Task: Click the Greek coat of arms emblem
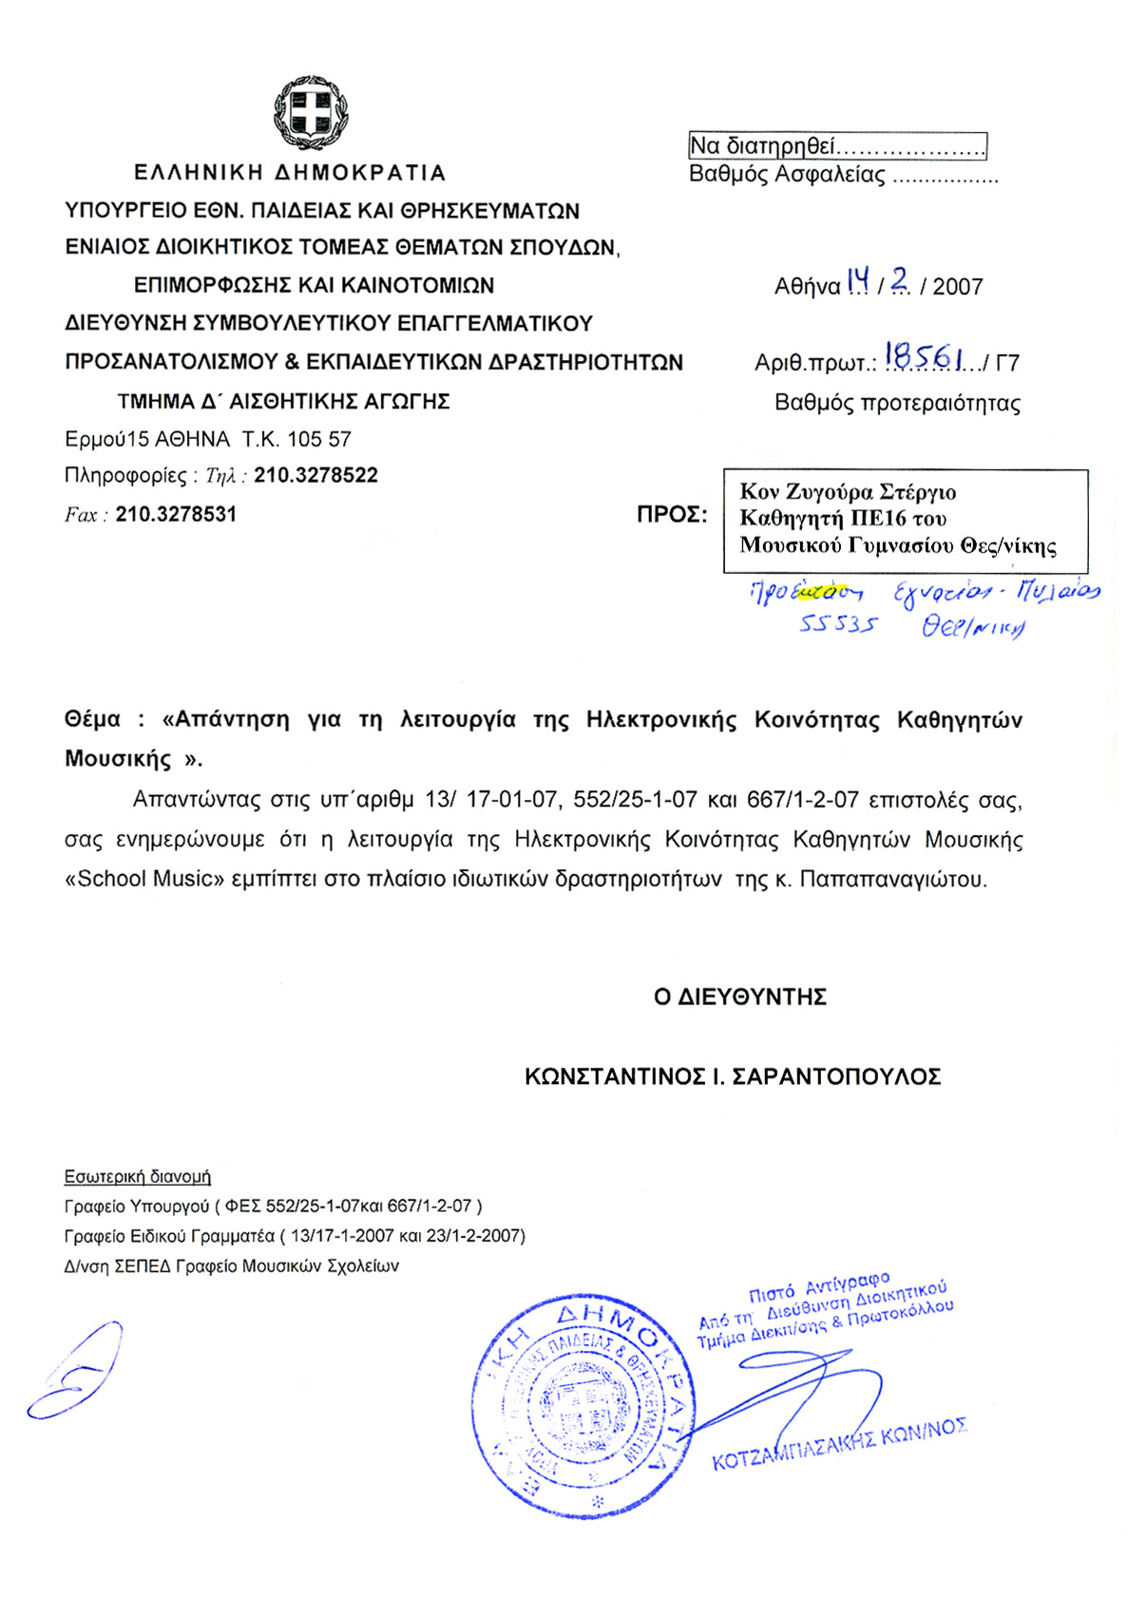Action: coord(311,113)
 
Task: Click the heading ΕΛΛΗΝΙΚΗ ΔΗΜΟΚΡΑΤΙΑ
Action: coord(290,173)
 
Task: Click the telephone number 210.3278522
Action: coord(315,475)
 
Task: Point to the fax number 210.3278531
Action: coord(176,514)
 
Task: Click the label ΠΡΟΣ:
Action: coord(672,515)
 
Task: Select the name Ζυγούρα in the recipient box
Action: coord(828,492)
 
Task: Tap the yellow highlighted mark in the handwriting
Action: coord(816,592)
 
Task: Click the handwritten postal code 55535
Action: coord(837,625)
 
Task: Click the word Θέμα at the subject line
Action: coord(92,719)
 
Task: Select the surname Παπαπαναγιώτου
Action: coord(892,879)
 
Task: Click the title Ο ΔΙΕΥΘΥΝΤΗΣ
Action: coord(740,997)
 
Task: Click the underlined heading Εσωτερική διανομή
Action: coord(138,1176)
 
